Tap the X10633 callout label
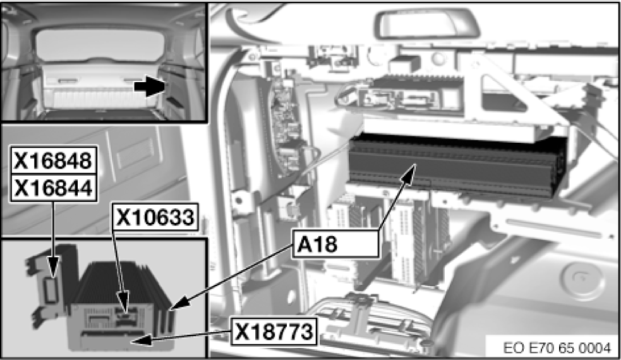pos(155,218)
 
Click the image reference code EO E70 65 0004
pos(557,348)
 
